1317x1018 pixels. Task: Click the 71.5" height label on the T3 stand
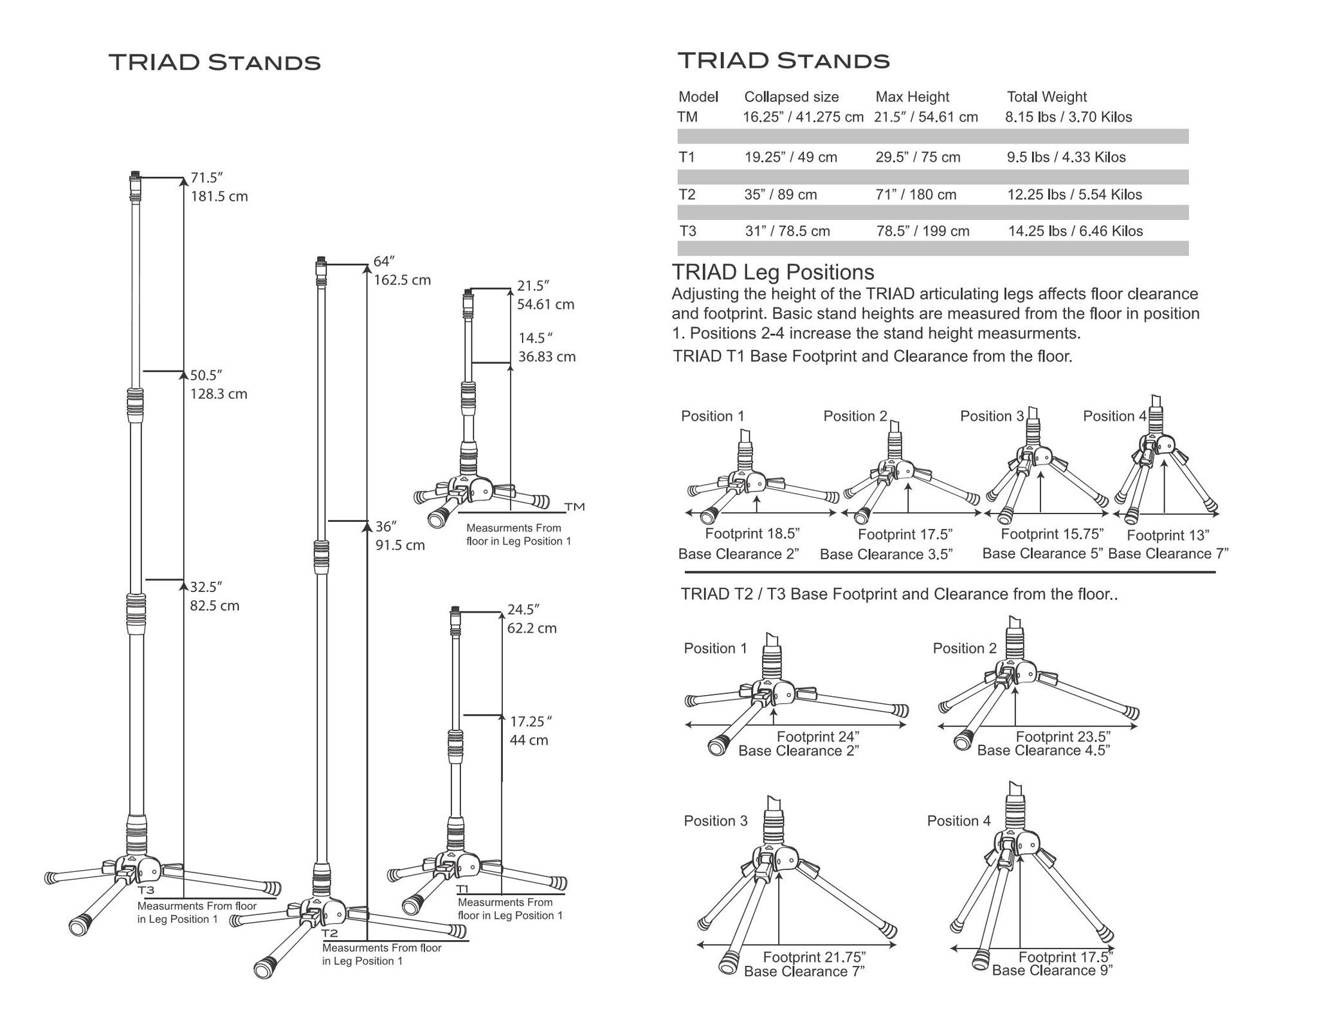[x=206, y=178]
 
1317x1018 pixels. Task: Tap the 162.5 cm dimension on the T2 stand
[x=402, y=281]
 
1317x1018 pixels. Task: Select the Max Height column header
[x=912, y=97]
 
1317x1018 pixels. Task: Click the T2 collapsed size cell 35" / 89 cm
[x=781, y=195]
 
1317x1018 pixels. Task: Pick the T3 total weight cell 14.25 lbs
[x=1075, y=232]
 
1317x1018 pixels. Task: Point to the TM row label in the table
[x=687, y=117]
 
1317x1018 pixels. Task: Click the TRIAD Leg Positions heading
[x=773, y=273]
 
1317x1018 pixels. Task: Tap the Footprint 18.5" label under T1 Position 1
[x=752, y=533]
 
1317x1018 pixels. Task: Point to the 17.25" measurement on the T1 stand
[x=531, y=721]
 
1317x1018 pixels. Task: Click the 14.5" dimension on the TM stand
[x=536, y=338]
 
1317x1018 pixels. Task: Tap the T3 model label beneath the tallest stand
[x=146, y=891]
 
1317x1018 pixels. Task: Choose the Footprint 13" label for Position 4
[x=1168, y=535]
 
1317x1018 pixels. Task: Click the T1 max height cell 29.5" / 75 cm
[x=918, y=158]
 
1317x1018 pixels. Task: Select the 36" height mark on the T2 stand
[x=386, y=526]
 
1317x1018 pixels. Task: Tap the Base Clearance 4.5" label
[x=1044, y=750]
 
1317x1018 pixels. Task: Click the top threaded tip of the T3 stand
[x=135, y=176]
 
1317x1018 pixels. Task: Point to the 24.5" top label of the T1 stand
[x=523, y=609]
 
